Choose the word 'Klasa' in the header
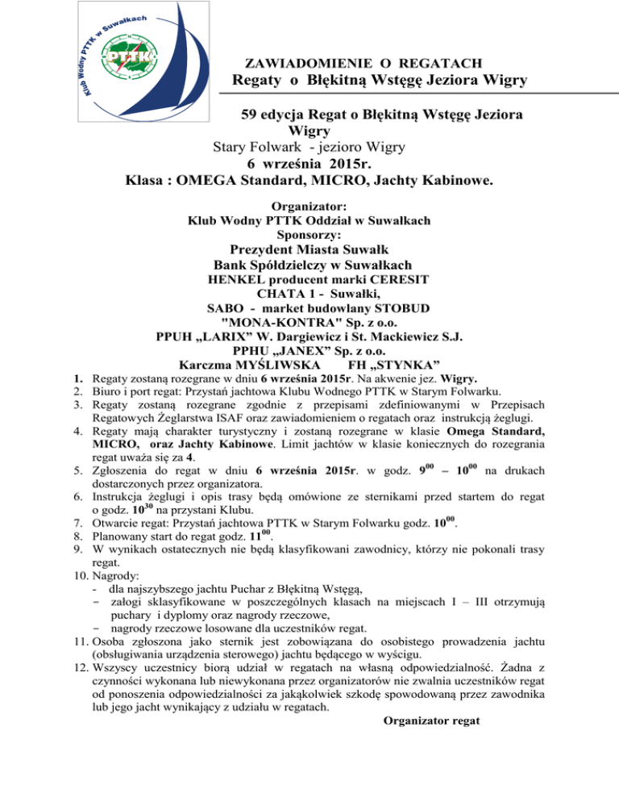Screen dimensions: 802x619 click(147, 184)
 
